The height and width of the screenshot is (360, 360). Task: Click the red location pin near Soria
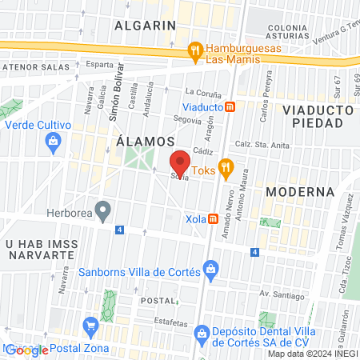point(180,162)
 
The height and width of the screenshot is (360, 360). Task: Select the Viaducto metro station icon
point(230,106)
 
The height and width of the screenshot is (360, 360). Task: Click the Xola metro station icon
point(214,218)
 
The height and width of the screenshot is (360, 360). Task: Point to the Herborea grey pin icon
point(102,211)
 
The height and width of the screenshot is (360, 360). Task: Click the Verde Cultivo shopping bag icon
point(54,142)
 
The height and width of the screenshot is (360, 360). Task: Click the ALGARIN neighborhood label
point(145,25)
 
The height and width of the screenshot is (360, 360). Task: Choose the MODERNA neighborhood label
point(299,192)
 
